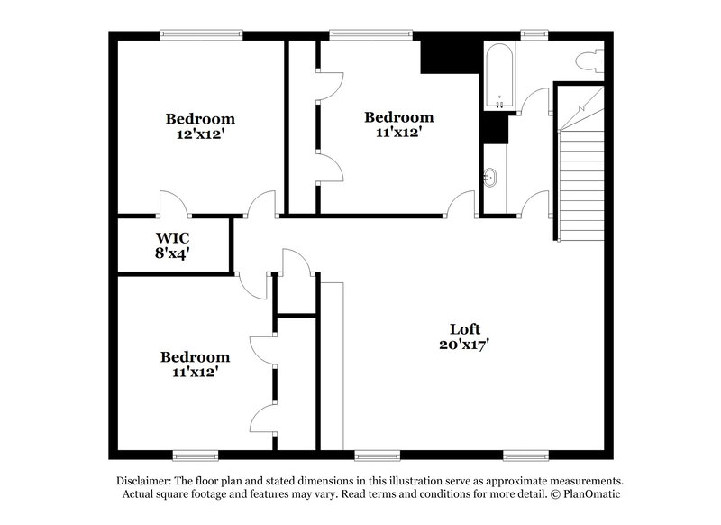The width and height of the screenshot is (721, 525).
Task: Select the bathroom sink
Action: coord(492,178)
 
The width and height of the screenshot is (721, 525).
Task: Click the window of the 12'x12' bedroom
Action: coord(201,35)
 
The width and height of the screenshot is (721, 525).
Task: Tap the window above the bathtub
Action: coord(534,35)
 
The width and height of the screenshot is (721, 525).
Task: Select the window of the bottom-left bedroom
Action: coord(196,454)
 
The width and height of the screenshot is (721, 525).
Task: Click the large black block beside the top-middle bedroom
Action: coord(439,55)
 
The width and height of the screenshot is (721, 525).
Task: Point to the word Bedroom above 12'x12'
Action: coord(200,118)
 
